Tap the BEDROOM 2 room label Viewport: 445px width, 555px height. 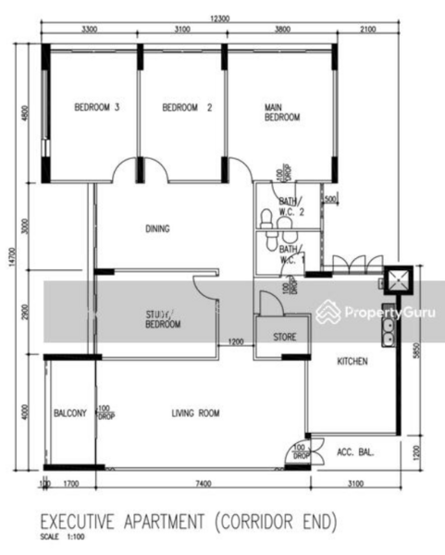point(187,107)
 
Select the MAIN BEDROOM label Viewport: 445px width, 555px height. point(282,113)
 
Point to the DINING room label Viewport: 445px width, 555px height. point(157,228)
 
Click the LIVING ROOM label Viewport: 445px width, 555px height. point(195,413)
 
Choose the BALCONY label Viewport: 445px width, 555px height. point(69,413)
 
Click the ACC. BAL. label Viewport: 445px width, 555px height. point(354,451)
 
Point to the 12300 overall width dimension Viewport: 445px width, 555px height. point(219,18)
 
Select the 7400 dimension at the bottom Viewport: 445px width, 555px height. point(204,483)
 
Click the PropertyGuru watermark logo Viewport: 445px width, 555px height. point(375,313)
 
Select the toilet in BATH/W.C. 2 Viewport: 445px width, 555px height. point(266,218)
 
